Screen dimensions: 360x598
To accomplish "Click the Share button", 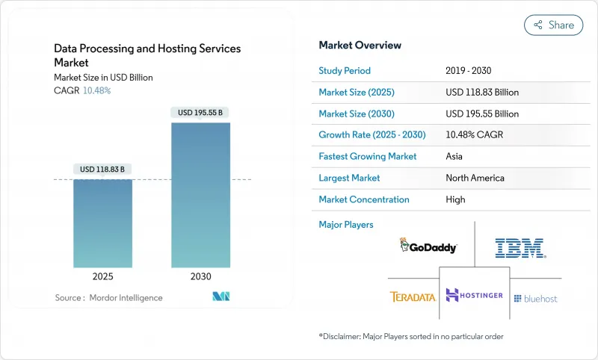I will (553, 25).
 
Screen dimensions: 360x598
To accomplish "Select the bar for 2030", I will (200, 194).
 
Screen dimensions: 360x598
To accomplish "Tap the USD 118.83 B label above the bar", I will (103, 169).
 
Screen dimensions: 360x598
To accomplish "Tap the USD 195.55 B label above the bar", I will (200, 113).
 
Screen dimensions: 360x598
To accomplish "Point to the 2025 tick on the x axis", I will (102, 276).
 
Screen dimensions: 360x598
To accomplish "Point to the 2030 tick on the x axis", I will (200, 276).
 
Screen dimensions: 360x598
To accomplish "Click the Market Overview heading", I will (360, 46).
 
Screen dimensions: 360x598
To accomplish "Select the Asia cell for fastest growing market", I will (454, 157).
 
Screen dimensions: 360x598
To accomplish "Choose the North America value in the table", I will (475, 178).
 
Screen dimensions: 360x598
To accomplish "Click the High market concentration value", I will (455, 199).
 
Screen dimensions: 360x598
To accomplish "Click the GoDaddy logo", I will (428, 246).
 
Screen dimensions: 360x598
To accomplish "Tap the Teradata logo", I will (413, 297).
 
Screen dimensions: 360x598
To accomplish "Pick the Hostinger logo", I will (474, 295).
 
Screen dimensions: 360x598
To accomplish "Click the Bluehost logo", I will (535, 298).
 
